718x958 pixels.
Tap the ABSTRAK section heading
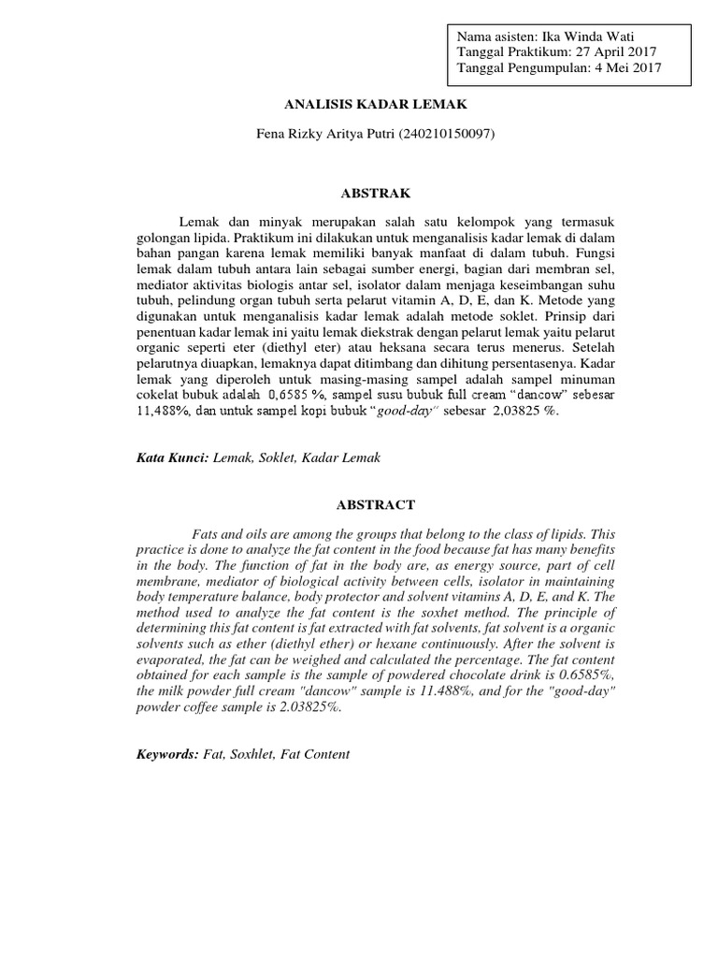[x=359, y=193]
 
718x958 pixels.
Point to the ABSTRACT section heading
[x=359, y=504]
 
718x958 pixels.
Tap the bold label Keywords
[x=167, y=753]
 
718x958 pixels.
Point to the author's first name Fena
[x=272, y=135]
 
